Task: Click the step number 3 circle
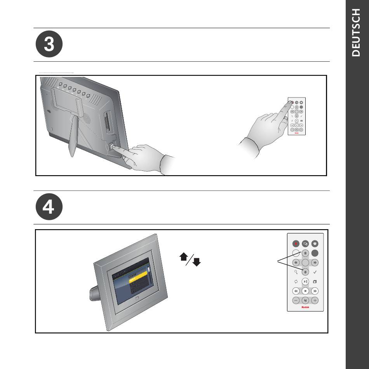coord(49,45)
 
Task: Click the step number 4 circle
coord(49,207)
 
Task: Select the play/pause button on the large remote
coord(305,281)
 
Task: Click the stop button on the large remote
coord(305,291)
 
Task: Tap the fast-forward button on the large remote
coord(315,291)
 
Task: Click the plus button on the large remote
coord(315,300)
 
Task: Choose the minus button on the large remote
coord(296,300)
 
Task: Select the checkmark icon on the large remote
coord(315,272)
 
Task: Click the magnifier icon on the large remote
coord(296,272)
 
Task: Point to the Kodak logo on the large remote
coord(305,307)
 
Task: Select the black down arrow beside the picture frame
coord(197,263)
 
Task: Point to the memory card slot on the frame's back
coord(107,122)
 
